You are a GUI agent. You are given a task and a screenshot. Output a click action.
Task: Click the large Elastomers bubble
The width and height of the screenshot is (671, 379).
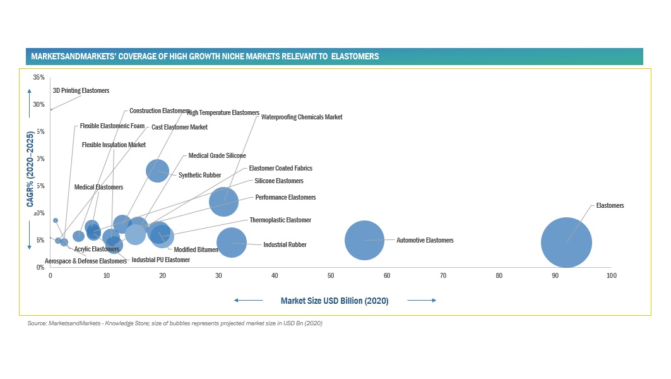tap(566, 243)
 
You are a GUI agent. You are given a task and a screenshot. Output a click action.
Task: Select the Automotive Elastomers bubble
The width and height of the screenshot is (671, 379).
tap(365, 240)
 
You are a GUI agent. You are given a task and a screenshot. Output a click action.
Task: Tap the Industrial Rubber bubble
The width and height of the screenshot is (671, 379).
tap(231, 243)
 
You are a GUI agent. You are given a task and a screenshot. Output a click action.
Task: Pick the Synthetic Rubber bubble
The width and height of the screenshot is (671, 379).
tap(157, 170)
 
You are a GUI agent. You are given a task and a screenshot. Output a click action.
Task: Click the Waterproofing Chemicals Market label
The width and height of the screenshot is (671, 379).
tap(302, 117)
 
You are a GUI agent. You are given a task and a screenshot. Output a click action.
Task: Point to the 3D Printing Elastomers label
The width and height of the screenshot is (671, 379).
tap(81, 91)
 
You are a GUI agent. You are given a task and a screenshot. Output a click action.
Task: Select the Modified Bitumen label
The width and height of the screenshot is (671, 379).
tap(196, 250)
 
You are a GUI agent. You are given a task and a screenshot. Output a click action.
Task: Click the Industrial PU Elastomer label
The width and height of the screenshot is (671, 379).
tap(160, 260)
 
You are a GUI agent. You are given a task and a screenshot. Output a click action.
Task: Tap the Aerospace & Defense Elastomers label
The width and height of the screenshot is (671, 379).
tap(86, 261)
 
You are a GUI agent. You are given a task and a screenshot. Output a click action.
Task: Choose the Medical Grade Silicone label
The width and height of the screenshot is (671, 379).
tap(217, 155)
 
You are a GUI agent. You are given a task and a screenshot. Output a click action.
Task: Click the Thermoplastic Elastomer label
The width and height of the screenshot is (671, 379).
tap(280, 220)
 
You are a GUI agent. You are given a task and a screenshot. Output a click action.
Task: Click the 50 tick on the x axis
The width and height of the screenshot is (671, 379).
tap(331, 276)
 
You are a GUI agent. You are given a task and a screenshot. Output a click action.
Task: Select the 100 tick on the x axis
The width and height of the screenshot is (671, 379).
tap(611, 276)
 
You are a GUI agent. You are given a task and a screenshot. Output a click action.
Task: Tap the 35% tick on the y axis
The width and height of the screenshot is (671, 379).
tap(39, 78)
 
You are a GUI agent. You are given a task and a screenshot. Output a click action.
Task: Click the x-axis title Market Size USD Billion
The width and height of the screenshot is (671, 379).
tap(335, 301)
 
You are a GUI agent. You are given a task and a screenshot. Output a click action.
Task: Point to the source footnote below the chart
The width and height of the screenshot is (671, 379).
tap(175, 323)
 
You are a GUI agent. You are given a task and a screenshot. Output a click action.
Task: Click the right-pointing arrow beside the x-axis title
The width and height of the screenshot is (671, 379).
tap(422, 301)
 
